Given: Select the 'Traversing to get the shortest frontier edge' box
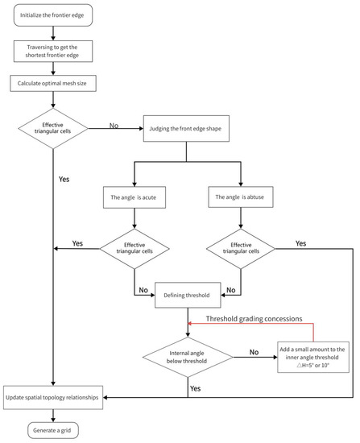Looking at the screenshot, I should [x=53, y=52].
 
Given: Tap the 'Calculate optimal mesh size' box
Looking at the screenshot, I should [x=53, y=83].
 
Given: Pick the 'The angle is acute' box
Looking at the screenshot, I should [x=133, y=196].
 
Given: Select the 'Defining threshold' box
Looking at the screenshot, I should [x=188, y=295].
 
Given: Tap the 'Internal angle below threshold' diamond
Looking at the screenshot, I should [x=188, y=355].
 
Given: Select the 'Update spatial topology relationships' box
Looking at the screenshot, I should [x=53, y=396].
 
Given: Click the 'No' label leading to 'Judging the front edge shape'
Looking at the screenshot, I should [x=114, y=125].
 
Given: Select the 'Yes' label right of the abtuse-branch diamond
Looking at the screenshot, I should [x=300, y=242].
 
